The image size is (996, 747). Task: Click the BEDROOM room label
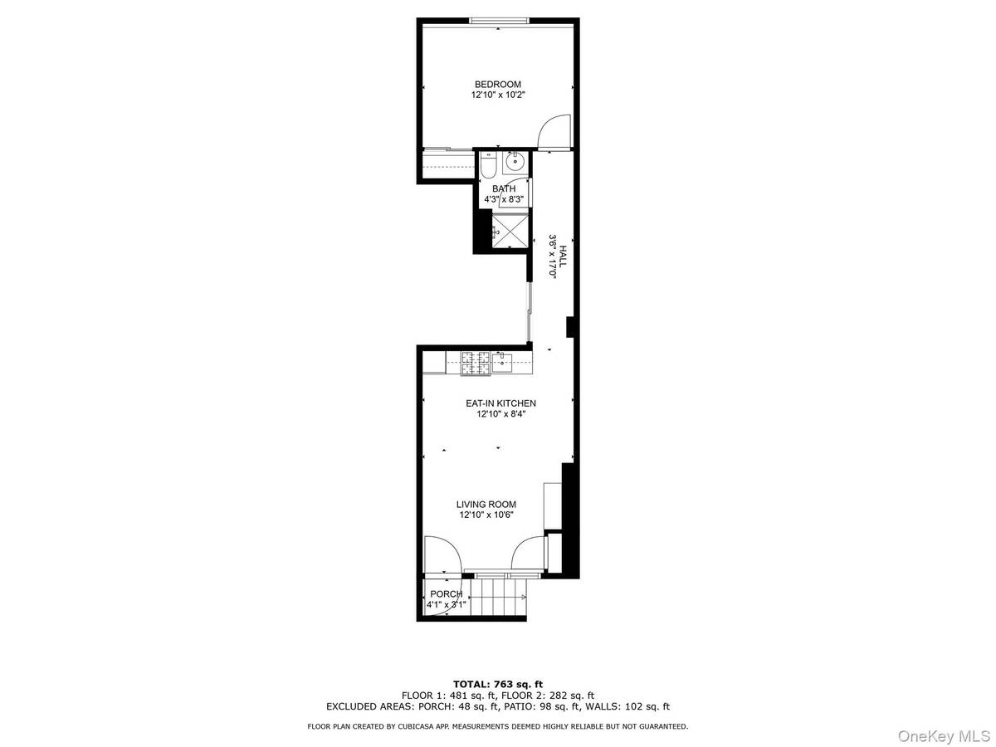(x=497, y=85)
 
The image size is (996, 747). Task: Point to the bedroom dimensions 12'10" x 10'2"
(x=498, y=95)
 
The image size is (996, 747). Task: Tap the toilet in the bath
(x=488, y=166)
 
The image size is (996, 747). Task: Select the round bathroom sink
(x=515, y=163)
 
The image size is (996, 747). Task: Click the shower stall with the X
(x=510, y=231)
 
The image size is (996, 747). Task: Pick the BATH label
(x=504, y=188)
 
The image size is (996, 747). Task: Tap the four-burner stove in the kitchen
(x=476, y=364)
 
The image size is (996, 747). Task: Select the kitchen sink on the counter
(x=502, y=363)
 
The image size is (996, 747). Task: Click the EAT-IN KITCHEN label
(x=500, y=403)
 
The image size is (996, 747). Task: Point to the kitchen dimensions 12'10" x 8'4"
(x=500, y=413)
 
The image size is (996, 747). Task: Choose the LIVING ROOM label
(x=486, y=505)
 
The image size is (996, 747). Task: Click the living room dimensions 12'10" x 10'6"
(x=486, y=515)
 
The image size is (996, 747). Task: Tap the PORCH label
(x=446, y=594)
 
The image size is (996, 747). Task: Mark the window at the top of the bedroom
(x=499, y=21)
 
